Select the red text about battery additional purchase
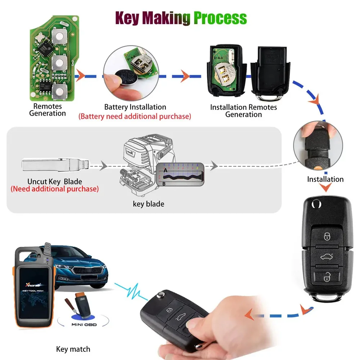click(135, 116)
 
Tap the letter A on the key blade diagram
click(165, 170)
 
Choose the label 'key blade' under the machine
click(148, 204)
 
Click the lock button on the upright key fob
click(327, 236)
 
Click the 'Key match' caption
click(73, 349)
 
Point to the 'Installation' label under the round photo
click(325, 179)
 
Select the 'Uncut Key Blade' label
click(55, 181)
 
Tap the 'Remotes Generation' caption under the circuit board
click(48, 110)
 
